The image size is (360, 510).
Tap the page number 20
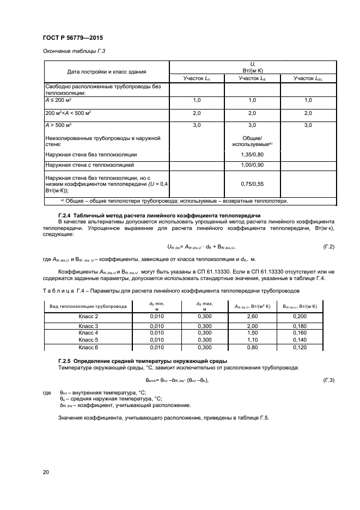coord(45,472)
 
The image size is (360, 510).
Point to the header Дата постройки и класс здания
coord(106,71)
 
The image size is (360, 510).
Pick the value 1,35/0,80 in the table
coord(252,154)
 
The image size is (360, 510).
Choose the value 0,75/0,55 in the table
coord(252,185)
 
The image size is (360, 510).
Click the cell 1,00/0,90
coord(252,164)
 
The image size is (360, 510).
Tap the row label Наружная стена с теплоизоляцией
coord(89,164)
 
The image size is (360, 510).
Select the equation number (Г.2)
coord(328,247)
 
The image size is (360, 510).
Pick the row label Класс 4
coord(88,332)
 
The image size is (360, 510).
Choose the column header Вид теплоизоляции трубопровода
coord(88,306)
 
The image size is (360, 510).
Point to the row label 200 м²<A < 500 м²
coord(68,113)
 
